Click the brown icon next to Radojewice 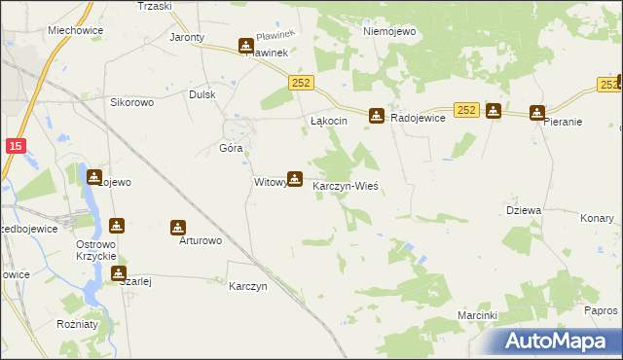pos(376,116)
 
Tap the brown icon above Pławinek pos(245,45)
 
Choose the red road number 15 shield pos(15,146)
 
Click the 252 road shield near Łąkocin pos(300,85)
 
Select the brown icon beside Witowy pos(294,179)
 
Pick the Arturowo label pos(201,240)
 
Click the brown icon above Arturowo pos(178,228)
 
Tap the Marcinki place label pos(478,316)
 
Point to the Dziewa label pos(524,210)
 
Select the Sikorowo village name pos(133,101)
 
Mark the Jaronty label pos(187,38)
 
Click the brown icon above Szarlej pos(119,274)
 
